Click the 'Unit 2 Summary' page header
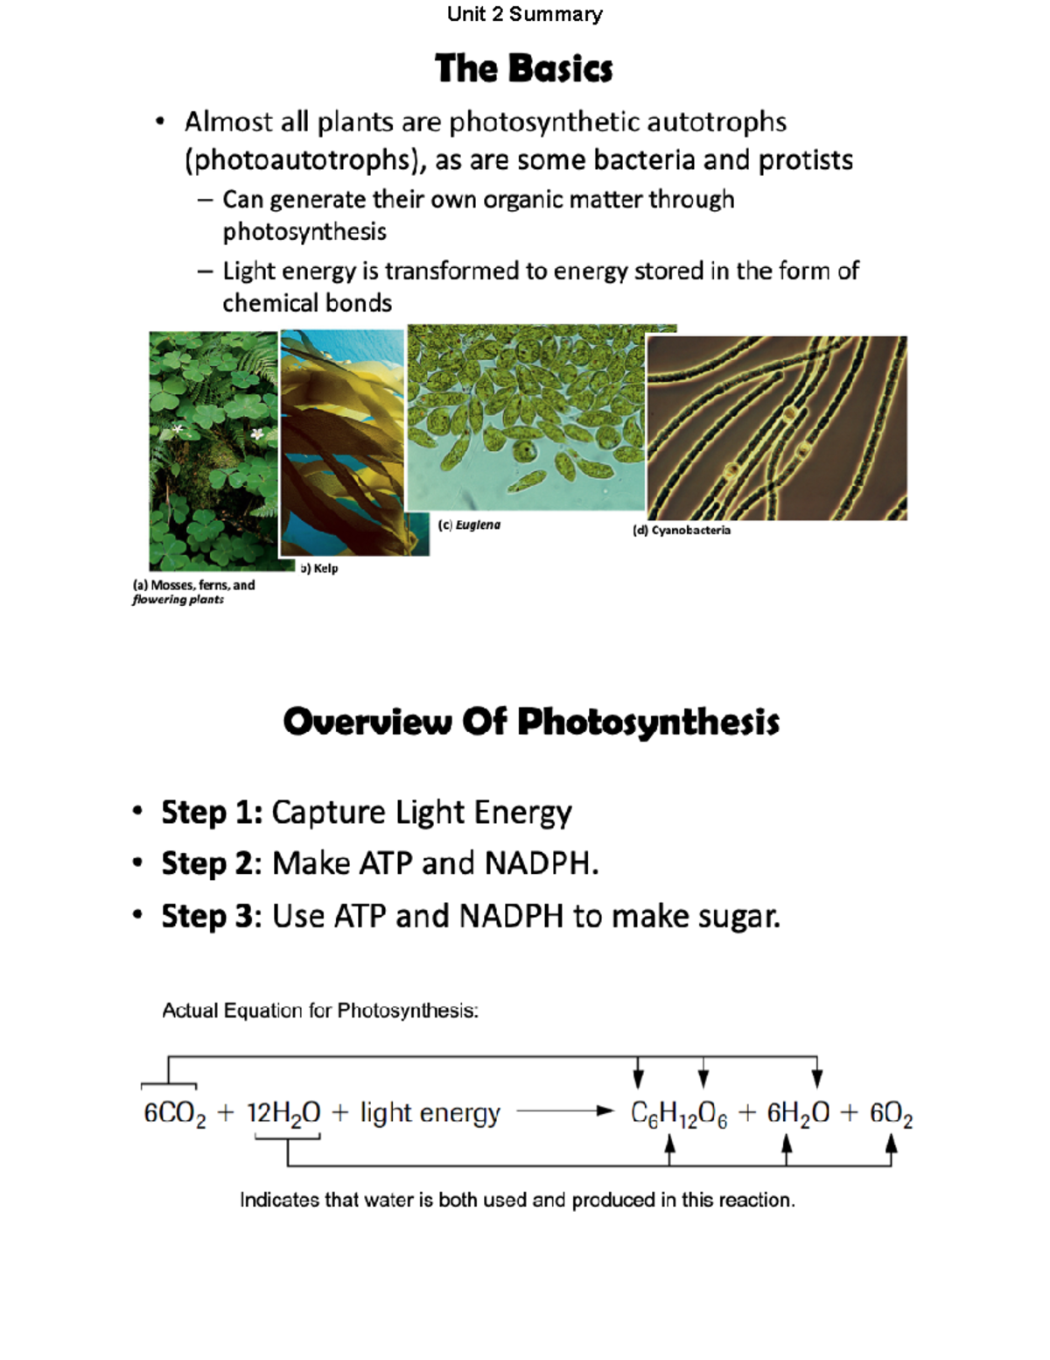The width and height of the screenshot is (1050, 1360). tap(524, 14)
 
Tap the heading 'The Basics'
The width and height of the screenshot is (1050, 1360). tap(523, 68)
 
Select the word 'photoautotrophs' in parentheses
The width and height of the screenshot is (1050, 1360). tap(303, 160)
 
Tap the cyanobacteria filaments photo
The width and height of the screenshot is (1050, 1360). tap(776, 427)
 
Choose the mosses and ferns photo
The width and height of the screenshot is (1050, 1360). tap(213, 450)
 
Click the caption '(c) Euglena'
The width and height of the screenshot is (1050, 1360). tap(469, 525)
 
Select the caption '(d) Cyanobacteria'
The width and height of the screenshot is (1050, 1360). tap(681, 531)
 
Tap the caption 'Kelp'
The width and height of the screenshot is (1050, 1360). tap(325, 568)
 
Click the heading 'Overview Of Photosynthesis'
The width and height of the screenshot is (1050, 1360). tap(530, 722)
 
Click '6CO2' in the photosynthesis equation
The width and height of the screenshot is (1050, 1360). tap(174, 1114)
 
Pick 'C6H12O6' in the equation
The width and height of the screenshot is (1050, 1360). tap(678, 1114)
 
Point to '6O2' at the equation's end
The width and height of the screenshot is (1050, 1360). tap(891, 1114)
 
